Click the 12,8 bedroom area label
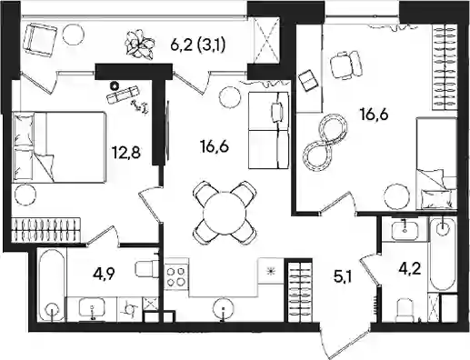tap(126, 152)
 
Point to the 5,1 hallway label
tap(343, 277)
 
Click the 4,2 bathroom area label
tap(411, 268)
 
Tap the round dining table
tap(225, 213)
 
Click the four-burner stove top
tap(176, 276)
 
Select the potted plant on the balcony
tap(138, 45)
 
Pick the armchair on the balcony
tap(40, 41)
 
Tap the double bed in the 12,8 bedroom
tap(59, 147)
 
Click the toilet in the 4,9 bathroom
tap(146, 268)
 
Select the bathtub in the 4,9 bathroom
tap(52, 285)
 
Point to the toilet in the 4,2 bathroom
tap(405, 310)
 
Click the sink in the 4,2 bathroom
tap(405, 231)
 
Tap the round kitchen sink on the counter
tap(224, 308)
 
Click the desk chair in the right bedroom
tap(346, 65)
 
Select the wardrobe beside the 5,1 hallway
tap(299, 290)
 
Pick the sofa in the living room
tap(268, 130)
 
